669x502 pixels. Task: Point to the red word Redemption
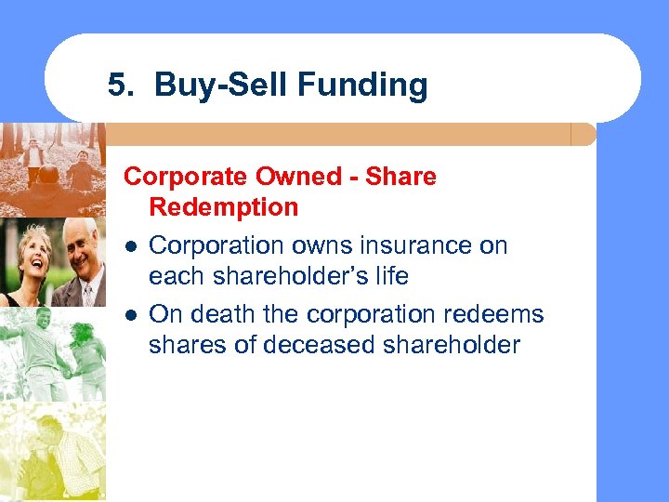(x=223, y=206)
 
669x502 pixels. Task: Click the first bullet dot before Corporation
(x=132, y=247)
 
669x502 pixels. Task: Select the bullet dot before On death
(x=132, y=314)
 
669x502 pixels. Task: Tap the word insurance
(x=413, y=245)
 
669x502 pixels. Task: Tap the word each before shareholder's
(x=177, y=277)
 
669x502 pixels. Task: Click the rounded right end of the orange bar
(x=585, y=135)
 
